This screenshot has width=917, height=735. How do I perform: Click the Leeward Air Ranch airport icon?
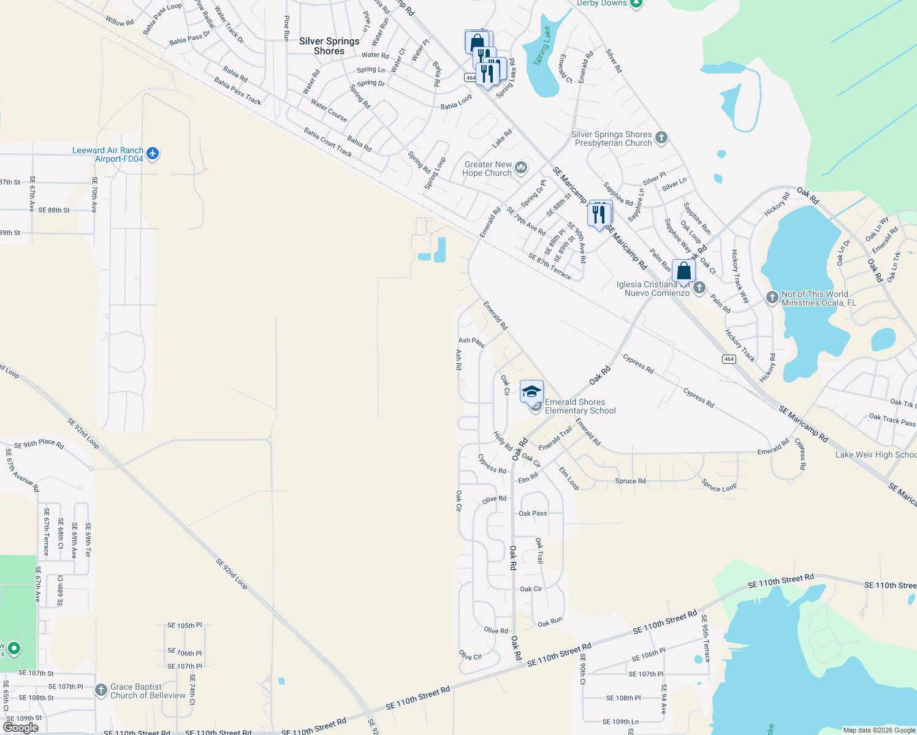[153, 154]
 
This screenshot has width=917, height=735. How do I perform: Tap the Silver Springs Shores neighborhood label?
[329, 46]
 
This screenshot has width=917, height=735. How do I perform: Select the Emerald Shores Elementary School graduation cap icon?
[531, 391]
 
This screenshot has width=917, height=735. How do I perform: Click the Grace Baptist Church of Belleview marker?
[101, 690]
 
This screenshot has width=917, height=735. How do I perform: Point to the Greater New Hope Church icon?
[521, 167]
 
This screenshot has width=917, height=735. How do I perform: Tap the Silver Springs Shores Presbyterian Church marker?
[661, 137]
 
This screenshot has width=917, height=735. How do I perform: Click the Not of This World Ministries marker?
[772, 298]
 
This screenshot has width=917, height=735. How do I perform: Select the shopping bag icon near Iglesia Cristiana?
[683, 271]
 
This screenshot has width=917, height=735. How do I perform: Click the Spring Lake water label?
[542, 47]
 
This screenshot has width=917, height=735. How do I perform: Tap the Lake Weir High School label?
[875, 454]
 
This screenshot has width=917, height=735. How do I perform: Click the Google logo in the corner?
[20, 727]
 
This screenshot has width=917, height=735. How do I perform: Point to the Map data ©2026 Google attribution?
[878, 730]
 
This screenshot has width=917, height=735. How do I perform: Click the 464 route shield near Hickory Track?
[728, 359]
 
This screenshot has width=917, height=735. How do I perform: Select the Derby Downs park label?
[602, 4]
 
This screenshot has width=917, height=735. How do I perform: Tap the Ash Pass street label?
[471, 342]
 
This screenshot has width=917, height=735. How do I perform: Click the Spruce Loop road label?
[719, 486]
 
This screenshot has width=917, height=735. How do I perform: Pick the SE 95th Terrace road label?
[706, 639]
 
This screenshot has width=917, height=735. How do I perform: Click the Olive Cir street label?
[470, 655]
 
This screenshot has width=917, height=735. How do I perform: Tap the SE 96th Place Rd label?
[39, 443]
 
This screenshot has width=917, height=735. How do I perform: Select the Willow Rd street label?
[119, 21]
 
